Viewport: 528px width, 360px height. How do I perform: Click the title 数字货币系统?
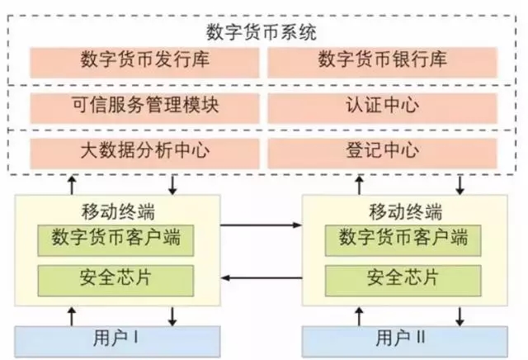click(x=262, y=32)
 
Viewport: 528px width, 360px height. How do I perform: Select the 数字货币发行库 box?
click(x=145, y=61)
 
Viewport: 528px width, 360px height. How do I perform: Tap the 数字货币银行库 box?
click(x=382, y=61)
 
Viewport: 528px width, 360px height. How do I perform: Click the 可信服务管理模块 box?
click(x=145, y=107)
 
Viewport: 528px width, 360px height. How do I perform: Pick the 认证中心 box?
click(x=382, y=107)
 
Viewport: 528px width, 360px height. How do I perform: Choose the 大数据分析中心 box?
click(x=145, y=151)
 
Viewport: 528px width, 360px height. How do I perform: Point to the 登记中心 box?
click(x=382, y=151)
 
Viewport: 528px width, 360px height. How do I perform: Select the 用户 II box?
click(x=404, y=339)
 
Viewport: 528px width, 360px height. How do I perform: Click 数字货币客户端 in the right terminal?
click(x=404, y=239)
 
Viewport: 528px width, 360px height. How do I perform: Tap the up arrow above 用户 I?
click(x=72, y=315)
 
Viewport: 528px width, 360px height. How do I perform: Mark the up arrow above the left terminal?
click(x=72, y=182)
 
